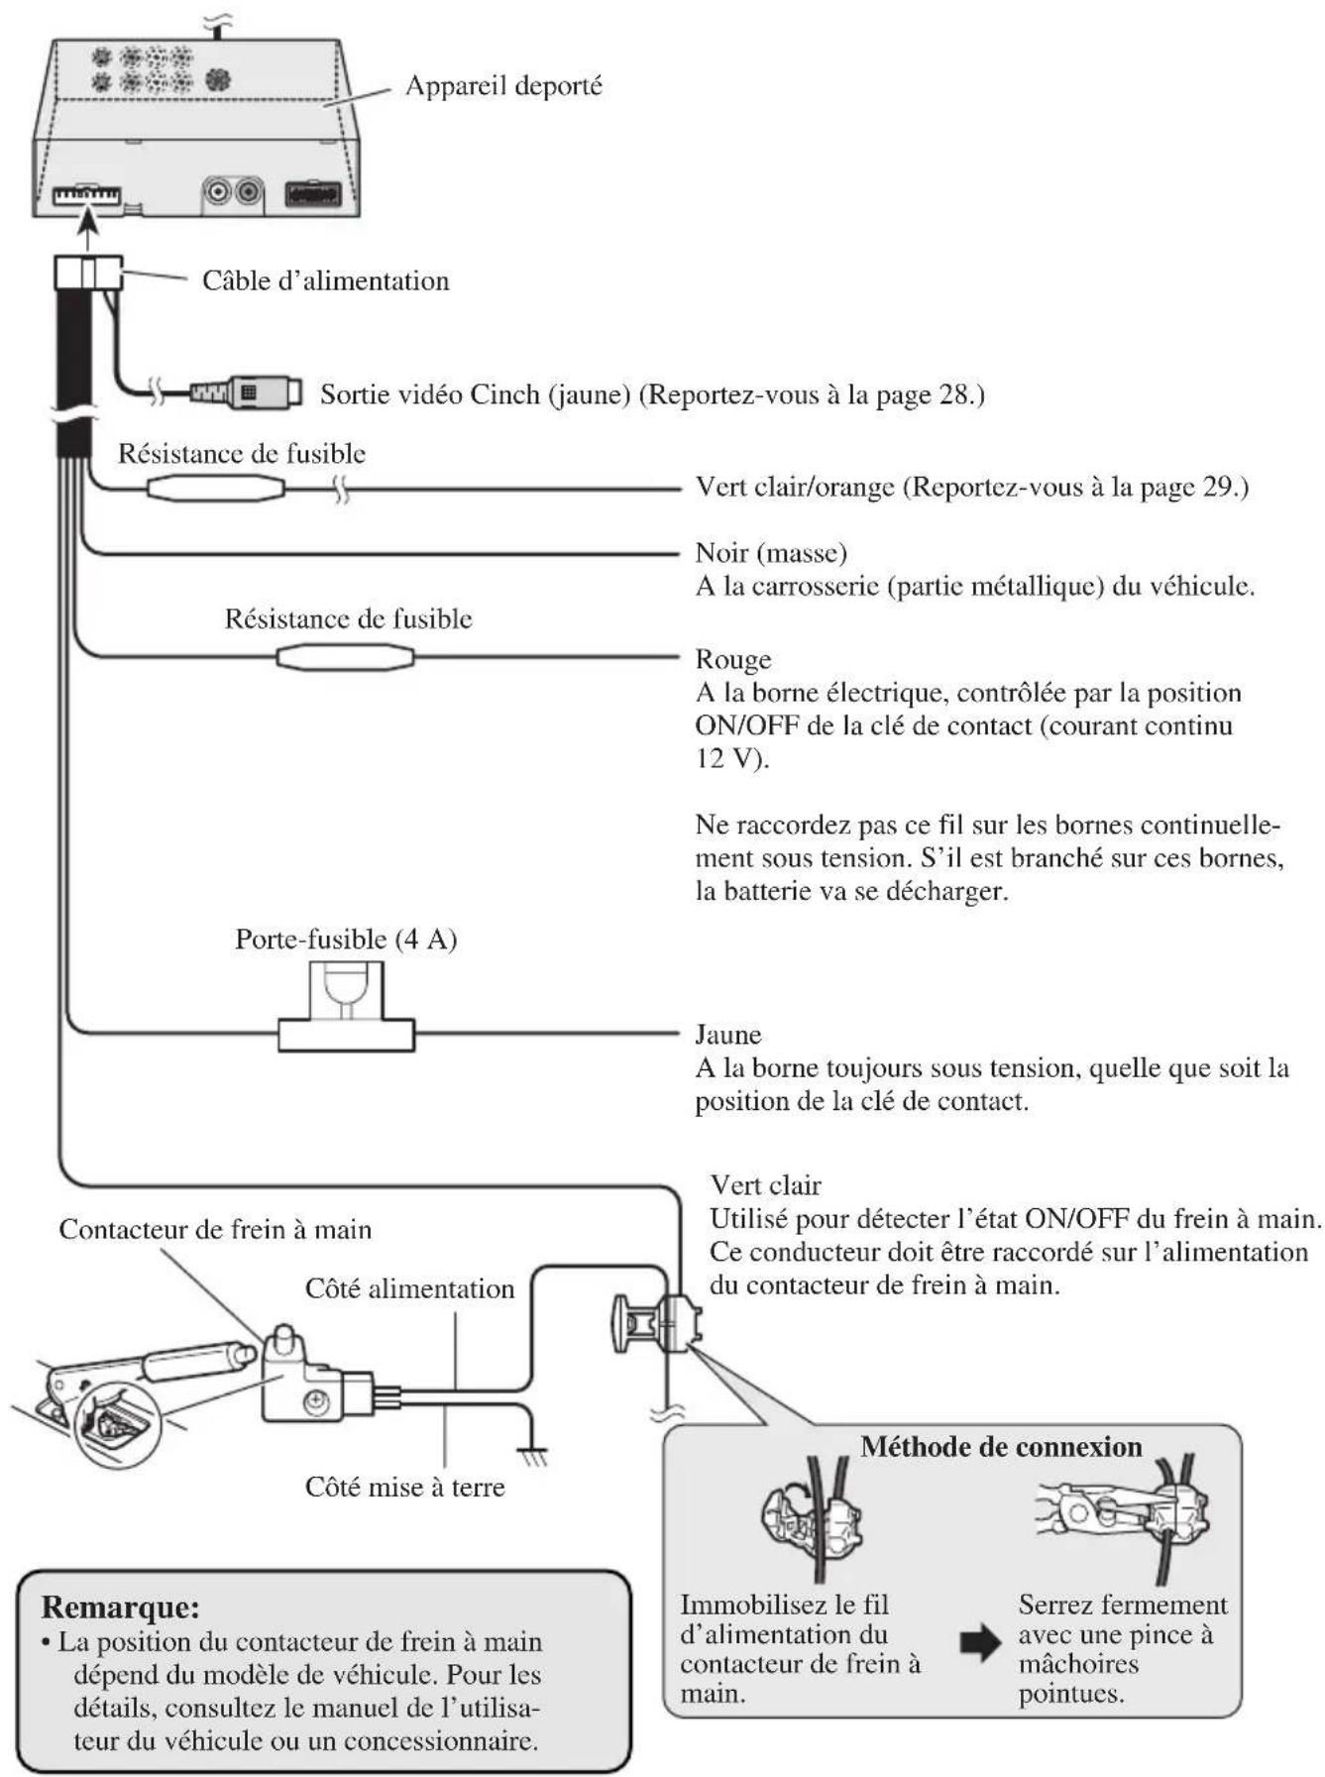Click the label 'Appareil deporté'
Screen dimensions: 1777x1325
click(502, 86)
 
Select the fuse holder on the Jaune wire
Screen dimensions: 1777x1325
click(346, 1021)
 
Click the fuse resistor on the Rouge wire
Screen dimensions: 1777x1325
click(344, 656)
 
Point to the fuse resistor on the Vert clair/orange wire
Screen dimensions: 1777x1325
click(216, 488)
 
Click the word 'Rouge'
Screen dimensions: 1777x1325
click(732, 660)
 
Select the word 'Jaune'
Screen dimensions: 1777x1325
click(727, 1035)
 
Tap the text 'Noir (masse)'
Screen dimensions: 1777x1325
click(770, 552)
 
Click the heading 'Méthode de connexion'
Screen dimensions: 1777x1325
click(1000, 1446)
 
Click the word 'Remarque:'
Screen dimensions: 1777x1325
click(120, 1606)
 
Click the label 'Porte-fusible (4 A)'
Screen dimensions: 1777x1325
click(345, 939)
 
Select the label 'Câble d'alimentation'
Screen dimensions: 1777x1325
click(325, 280)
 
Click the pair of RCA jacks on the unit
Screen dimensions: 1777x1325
click(233, 190)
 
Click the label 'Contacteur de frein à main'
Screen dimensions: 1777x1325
click(214, 1229)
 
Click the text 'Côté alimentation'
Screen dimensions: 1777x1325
click(409, 1288)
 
